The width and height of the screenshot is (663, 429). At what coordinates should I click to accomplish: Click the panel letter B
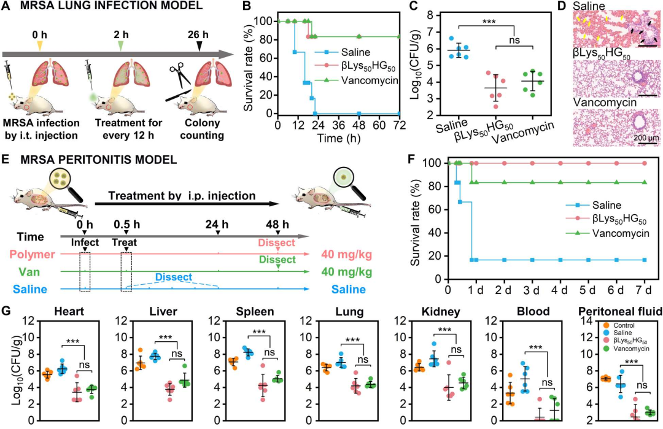pyautogui.click(x=249, y=7)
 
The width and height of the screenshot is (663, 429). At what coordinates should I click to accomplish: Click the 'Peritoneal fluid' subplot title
pyautogui.click(x=621, y=312)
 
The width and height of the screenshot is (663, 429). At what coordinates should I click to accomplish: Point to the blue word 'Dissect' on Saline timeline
pyautogui.click(x=173, y=277)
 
